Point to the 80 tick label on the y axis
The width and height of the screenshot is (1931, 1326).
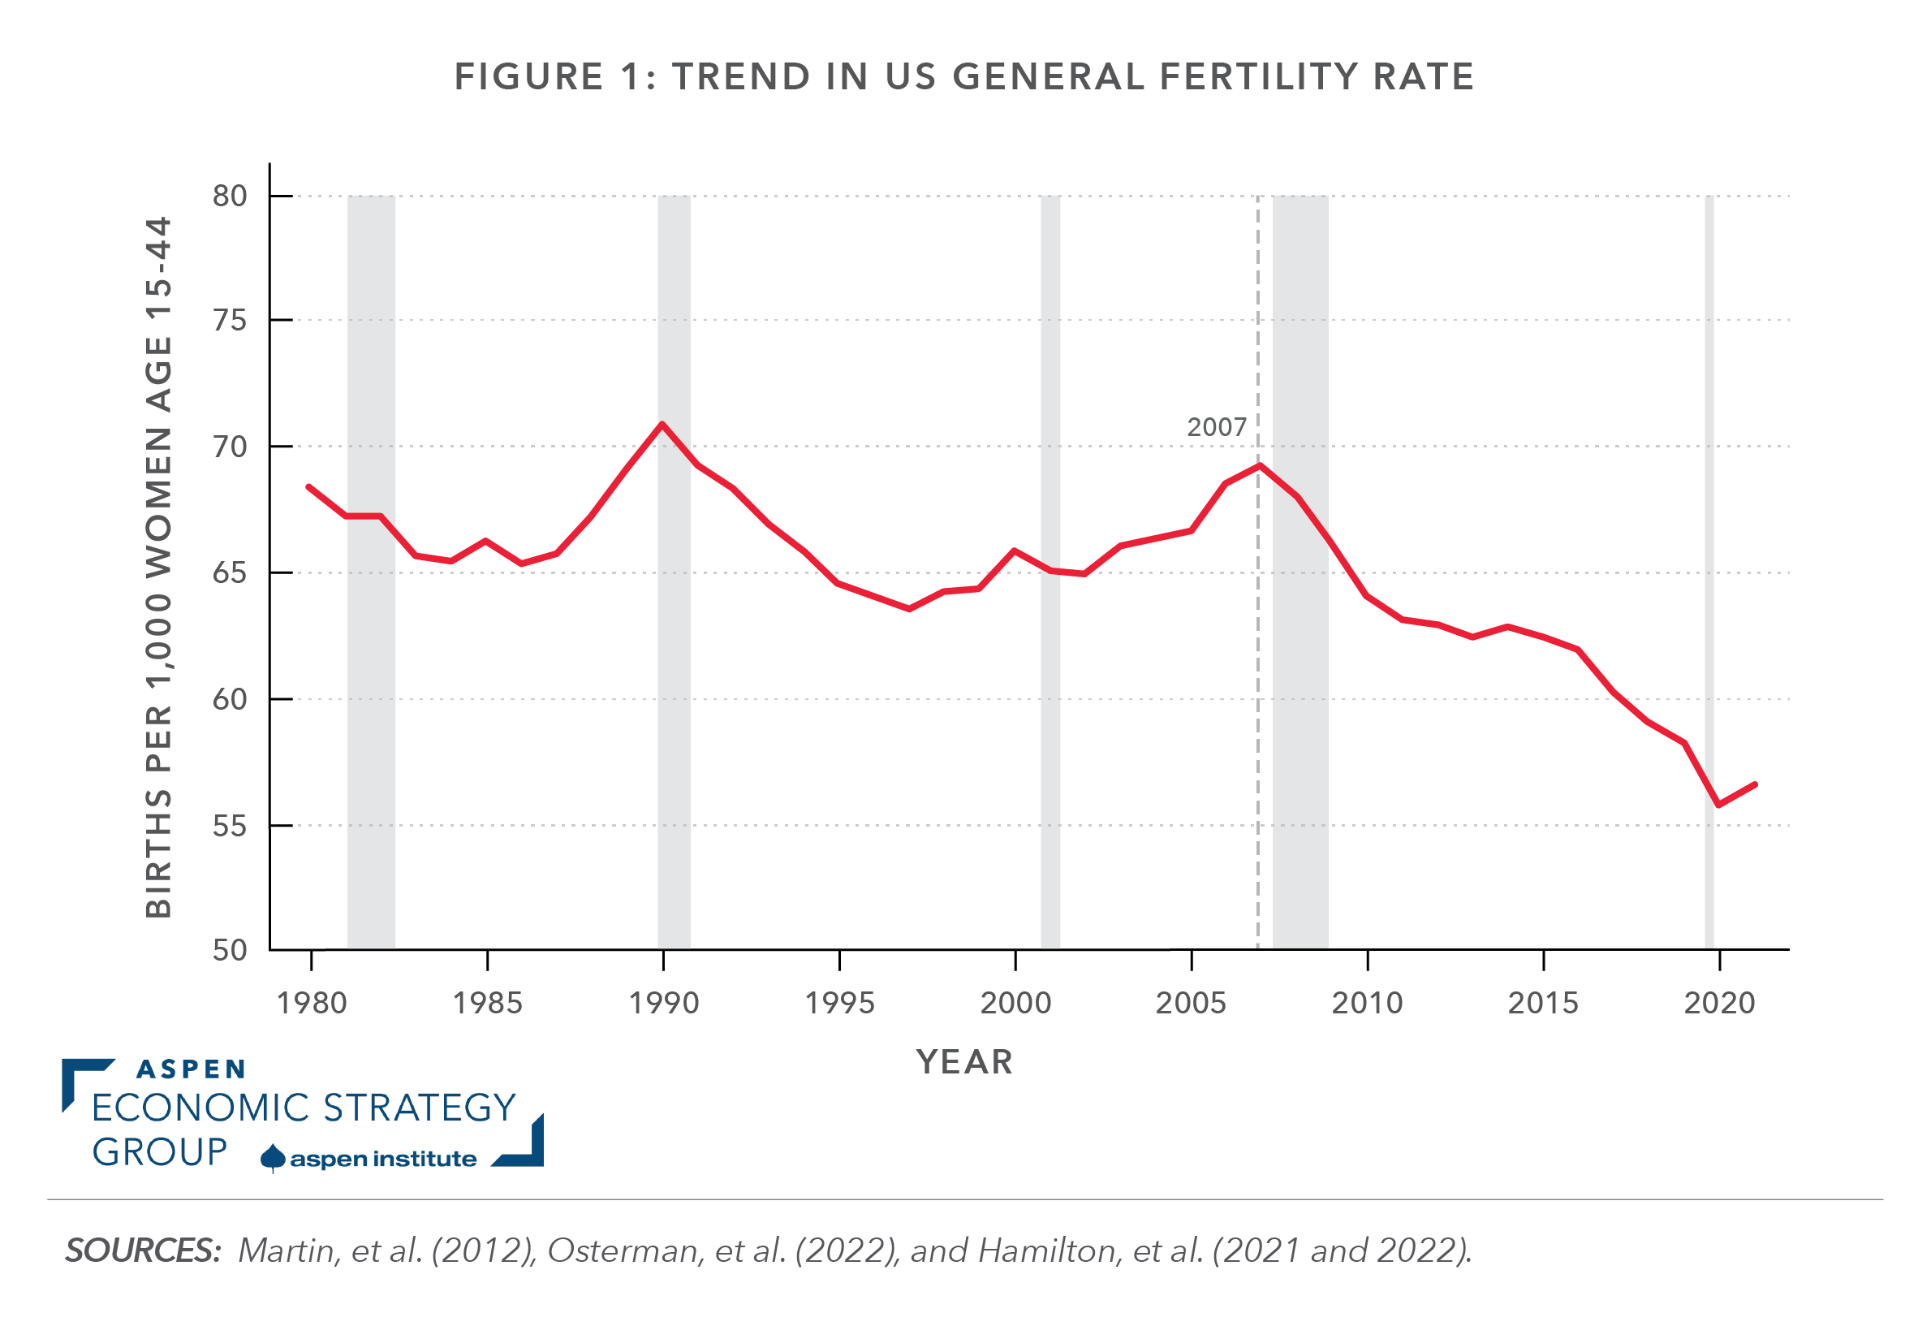pos(231,197)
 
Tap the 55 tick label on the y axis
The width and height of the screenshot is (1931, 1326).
pos(231,827)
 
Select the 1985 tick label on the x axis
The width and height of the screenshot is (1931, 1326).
pos(487,1004)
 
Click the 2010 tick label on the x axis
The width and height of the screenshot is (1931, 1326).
pos(1367,1004)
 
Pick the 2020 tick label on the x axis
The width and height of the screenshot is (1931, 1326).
pos(1719,1004)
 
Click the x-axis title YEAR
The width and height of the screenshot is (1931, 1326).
pos(964,1062)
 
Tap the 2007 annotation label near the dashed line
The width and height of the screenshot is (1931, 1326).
pos(1216,427)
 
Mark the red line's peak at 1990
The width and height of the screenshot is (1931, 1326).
pos(662,425)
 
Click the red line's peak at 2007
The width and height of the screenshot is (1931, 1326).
pos(1261,465)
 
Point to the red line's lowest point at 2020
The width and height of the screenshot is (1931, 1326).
pos(1718,805)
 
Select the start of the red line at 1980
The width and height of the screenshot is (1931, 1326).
pos(309,487)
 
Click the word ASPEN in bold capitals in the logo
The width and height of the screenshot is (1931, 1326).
pos(191,1069)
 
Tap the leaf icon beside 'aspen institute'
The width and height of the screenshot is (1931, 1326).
pos(273,1158)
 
